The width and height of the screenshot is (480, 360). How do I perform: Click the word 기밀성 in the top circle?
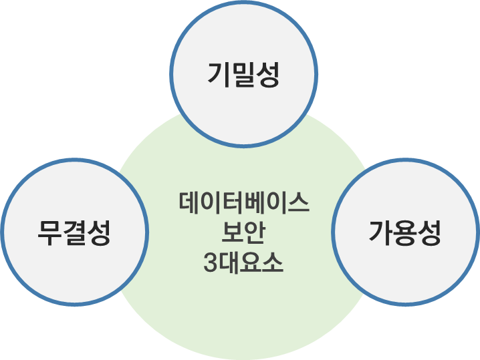point(243,74)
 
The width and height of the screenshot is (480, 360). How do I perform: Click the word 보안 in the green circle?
point(244,233)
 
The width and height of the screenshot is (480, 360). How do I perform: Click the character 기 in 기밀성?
point(219,74)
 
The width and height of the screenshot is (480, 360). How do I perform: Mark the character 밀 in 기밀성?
point(243,74)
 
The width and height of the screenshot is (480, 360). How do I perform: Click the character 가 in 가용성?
point(380,233)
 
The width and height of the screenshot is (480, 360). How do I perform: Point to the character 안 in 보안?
point(255,233)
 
